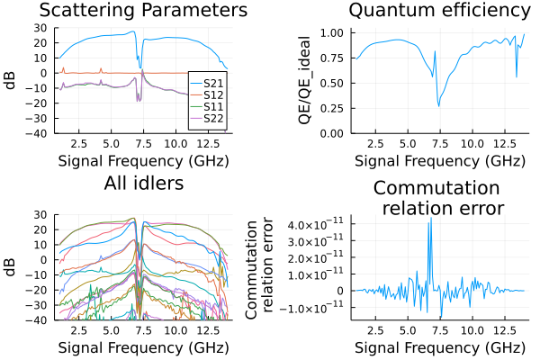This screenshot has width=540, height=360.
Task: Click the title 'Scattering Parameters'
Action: click(139, 11)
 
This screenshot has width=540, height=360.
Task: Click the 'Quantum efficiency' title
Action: click(439, 11)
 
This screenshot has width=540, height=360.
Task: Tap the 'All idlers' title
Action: click(139, 184)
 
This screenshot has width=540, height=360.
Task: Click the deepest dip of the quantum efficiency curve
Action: click(438, 106)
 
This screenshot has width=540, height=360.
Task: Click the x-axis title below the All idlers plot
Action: click(139, 348)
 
